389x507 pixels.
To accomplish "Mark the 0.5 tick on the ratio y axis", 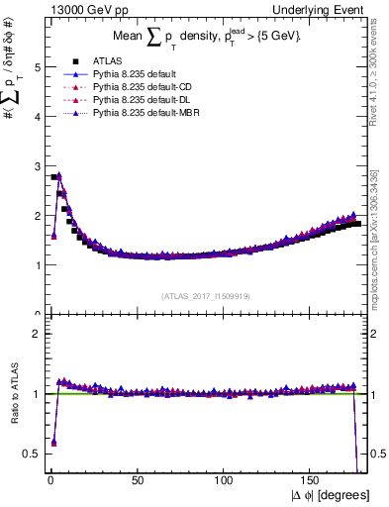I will point(32,454).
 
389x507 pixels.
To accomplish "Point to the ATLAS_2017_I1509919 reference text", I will point(206,294).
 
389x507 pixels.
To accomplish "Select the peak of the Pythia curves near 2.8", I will point(58,175).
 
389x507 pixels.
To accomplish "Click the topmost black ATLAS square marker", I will point(52,177).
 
